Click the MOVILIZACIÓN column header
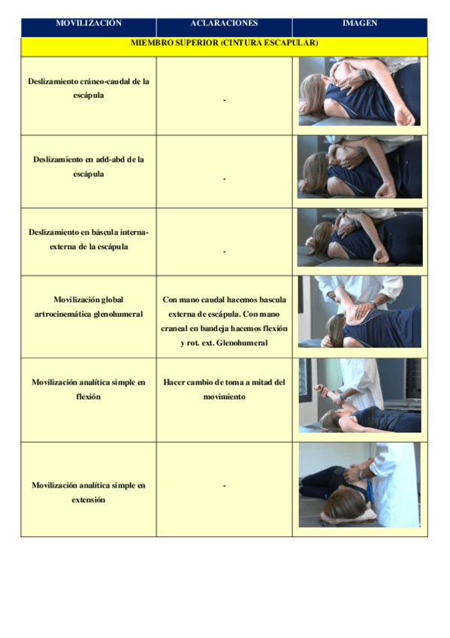[89, 23]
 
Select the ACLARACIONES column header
[224, 23]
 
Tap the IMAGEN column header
[359, 23]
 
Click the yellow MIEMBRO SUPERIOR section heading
[224, 44]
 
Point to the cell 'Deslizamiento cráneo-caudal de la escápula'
[89, 88]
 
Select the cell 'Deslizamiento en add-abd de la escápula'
[89, 166]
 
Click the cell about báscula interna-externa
[89, 239]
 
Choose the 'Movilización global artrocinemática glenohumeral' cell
[89, 306]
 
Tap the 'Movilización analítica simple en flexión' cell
[89, 389]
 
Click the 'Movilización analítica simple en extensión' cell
[89, 492]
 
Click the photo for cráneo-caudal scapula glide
[359, 91]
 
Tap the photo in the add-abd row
[359, 166]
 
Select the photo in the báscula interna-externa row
[359, 237]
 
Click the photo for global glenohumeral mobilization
[359, 311]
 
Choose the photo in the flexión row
[359, 395]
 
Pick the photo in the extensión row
[359, 485]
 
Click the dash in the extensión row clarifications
[224, 485]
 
